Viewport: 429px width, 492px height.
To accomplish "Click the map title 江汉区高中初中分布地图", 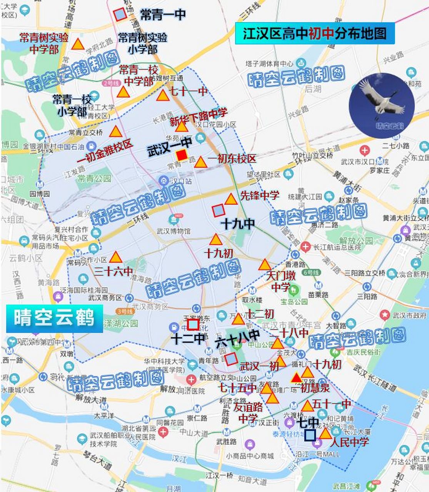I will [315, 33].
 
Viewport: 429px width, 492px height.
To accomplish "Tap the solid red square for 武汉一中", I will [182, 155].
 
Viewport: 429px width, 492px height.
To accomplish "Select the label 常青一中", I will [163, 15].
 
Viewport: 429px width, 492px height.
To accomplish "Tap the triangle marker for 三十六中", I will [115, 257].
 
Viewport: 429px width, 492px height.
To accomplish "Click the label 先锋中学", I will [259, 195].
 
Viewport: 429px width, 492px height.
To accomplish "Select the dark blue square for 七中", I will [310, 435].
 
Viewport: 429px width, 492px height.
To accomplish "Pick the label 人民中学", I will [349, 442].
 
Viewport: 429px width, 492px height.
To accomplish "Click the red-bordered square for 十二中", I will [193, 325].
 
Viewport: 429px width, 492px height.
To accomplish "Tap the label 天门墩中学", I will [281, 281].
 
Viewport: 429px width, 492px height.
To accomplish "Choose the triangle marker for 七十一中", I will [163, 96].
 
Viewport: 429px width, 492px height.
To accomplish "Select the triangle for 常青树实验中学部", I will [78, 44].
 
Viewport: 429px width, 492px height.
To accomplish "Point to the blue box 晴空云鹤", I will [54, 319].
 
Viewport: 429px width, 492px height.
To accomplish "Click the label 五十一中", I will [332, 404].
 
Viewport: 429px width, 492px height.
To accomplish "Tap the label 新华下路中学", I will [199, 117].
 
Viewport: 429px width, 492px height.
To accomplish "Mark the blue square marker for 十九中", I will [219, 210].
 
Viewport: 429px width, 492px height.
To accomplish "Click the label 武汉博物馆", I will [174, 231].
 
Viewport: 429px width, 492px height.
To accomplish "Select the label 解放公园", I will [356, 241].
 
